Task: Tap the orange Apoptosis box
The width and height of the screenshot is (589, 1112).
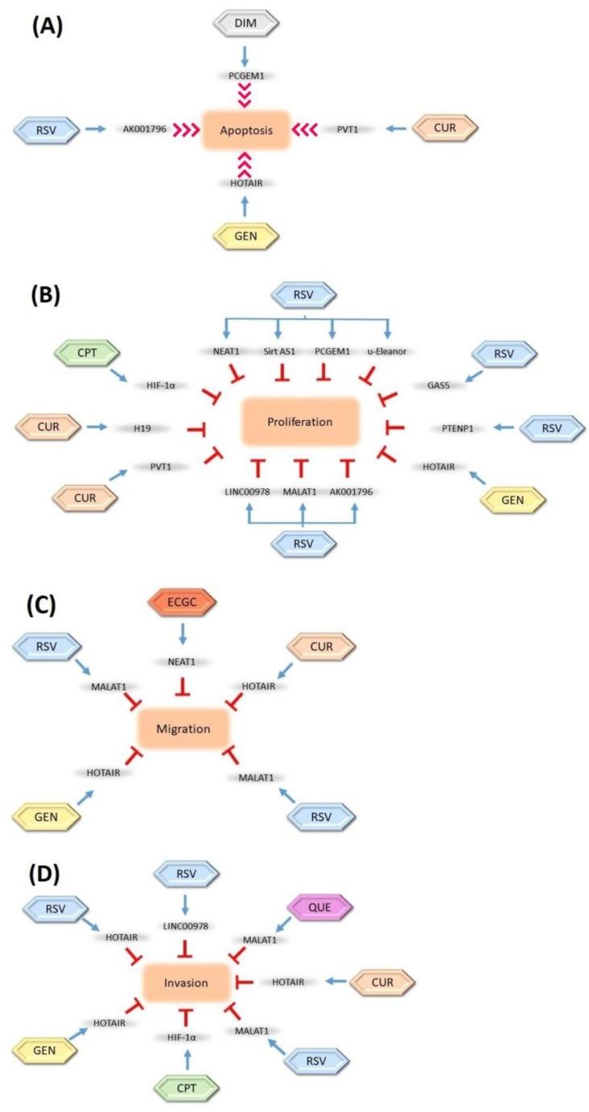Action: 245,130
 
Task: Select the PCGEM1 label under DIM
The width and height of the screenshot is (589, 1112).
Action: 246,76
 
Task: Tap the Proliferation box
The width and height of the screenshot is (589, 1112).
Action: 299,421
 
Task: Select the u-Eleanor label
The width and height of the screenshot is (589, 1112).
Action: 389,350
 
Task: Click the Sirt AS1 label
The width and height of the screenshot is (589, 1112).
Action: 278,350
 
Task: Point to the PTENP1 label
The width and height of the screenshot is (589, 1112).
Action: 455,428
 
